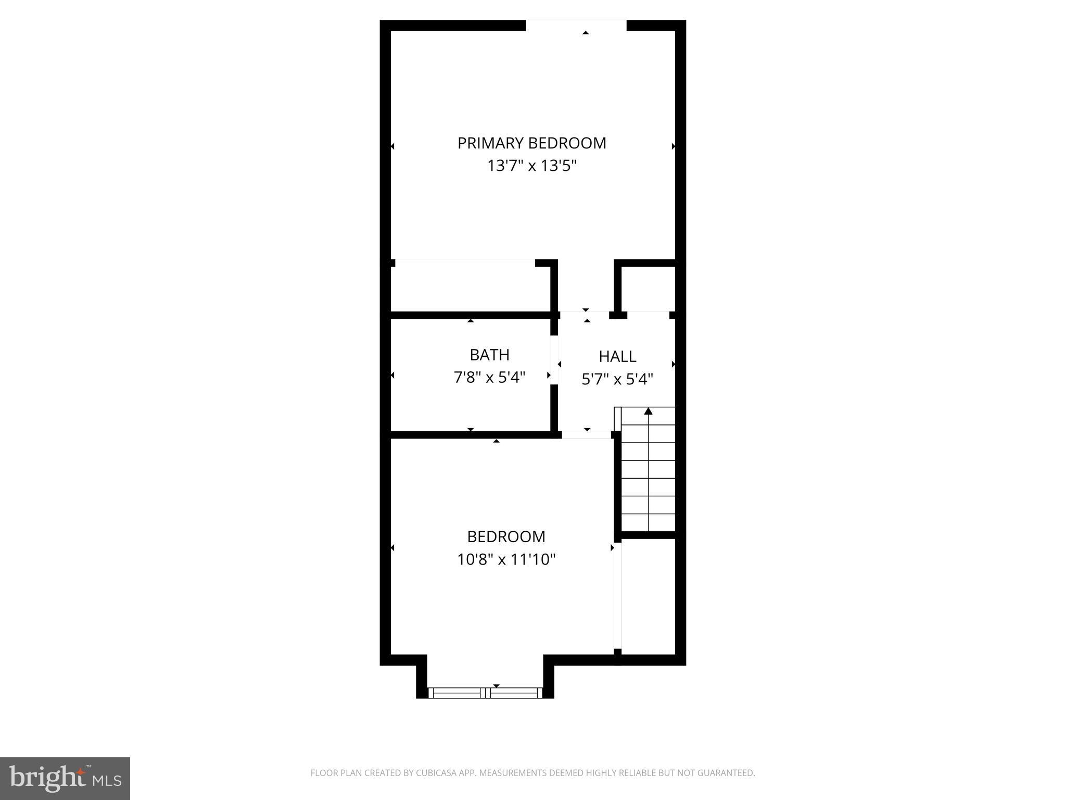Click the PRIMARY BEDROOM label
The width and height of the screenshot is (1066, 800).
point(531,143)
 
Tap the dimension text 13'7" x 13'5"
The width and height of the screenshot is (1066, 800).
point(531,166)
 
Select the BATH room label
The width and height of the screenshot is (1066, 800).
point(489,355)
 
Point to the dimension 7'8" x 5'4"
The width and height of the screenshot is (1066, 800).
point(489,377)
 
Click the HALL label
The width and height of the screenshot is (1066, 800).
point(617,357)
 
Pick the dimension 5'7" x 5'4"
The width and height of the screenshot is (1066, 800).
point(617,379)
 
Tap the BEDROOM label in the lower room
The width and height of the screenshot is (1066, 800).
point(506,536)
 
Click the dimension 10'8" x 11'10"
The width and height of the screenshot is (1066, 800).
point(506,559)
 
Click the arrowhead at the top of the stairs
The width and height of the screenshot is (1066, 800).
point(648,411)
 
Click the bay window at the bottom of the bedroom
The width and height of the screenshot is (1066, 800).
point(485,693)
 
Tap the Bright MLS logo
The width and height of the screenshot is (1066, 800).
point(65,778)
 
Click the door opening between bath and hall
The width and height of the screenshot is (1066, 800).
point(554,360)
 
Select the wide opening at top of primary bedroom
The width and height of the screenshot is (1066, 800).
point(576,26)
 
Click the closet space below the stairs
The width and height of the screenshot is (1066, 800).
point(649,596)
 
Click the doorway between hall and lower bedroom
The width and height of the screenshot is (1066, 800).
point(586,435)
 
